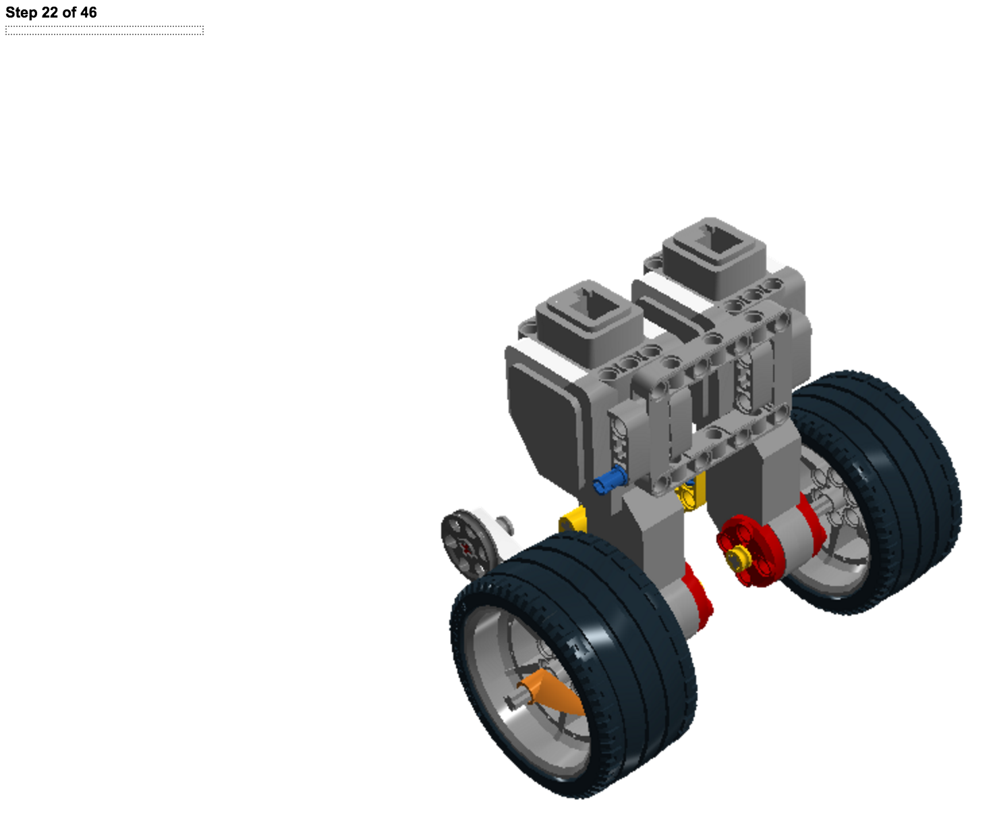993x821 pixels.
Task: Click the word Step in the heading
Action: point(22,12)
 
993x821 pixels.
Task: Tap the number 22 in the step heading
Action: point(50,12)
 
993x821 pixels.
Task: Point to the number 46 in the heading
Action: point(88,12)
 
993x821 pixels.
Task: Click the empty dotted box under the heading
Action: point(105,30)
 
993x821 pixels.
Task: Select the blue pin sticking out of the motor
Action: point(610,479)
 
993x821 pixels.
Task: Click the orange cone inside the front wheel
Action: point(552,693)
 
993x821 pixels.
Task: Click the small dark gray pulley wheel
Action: point(468,544)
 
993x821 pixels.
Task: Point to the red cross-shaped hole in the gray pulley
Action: point(467,548)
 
